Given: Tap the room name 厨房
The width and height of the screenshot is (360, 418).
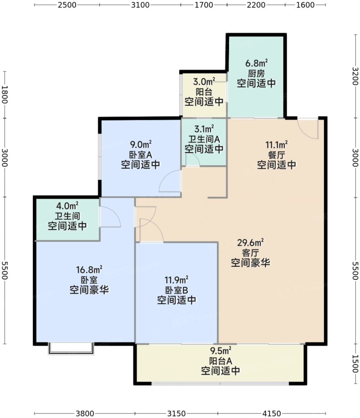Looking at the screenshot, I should coord(256,74).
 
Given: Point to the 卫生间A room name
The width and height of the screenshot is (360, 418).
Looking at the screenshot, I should coord(204,139).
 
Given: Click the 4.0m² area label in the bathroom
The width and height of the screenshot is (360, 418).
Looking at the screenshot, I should coord(68,206).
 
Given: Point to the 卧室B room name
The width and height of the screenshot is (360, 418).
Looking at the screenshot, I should coord(176,290).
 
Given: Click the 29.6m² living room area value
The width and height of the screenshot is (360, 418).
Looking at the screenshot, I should coord(251,243).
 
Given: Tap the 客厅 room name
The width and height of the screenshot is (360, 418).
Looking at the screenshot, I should coord(251,253).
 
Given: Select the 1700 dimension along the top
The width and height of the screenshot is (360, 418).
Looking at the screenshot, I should coord(203,5).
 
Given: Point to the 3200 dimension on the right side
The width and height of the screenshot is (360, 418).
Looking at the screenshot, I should coord(355,76).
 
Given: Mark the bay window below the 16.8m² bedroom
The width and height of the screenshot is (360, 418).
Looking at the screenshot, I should coord(71,348).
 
